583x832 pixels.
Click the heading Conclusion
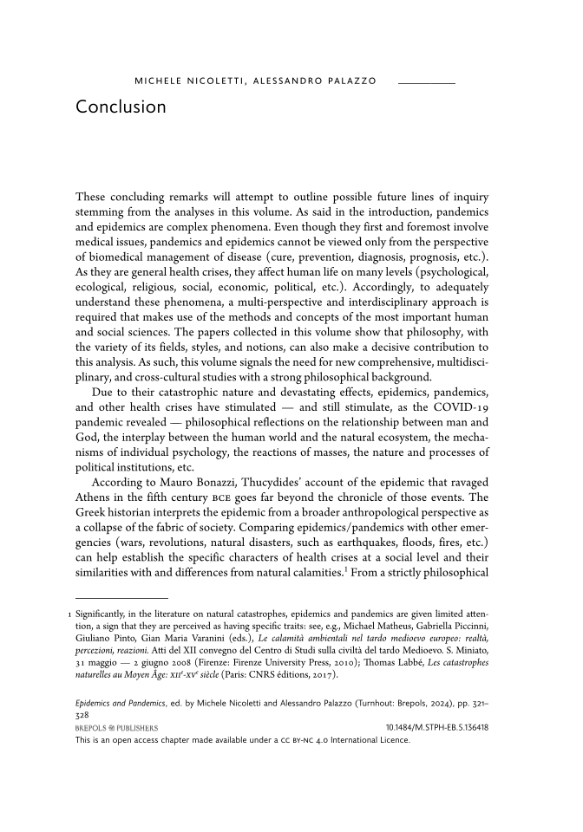[121, 107]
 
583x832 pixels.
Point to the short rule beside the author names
[426, 81]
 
